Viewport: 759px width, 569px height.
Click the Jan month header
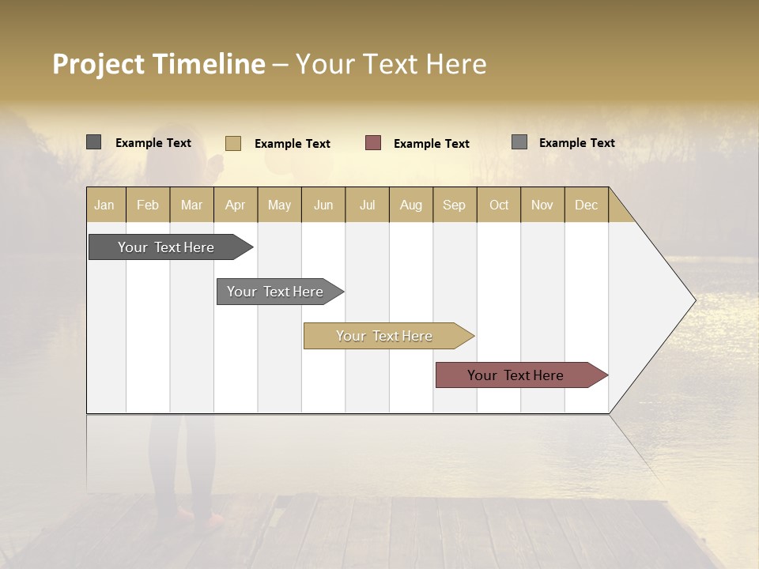(104, 205)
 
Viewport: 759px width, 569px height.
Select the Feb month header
(148, 205)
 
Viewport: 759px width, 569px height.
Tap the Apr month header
(235, 205)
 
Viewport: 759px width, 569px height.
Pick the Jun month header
(323, 205)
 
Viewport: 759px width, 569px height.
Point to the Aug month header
(410, 205)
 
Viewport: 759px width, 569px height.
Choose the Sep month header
(454, 205)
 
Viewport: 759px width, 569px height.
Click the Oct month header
(499, 205)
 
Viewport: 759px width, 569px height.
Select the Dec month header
(586, 205)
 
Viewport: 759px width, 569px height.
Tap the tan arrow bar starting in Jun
(385, 336)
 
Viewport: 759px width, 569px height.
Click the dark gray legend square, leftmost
(93, 142)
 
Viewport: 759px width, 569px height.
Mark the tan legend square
(233, 143)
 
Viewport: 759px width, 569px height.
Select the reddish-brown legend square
(373, 143)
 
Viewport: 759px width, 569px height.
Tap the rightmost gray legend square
(519, 142)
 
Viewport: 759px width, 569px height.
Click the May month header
(279, 205)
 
